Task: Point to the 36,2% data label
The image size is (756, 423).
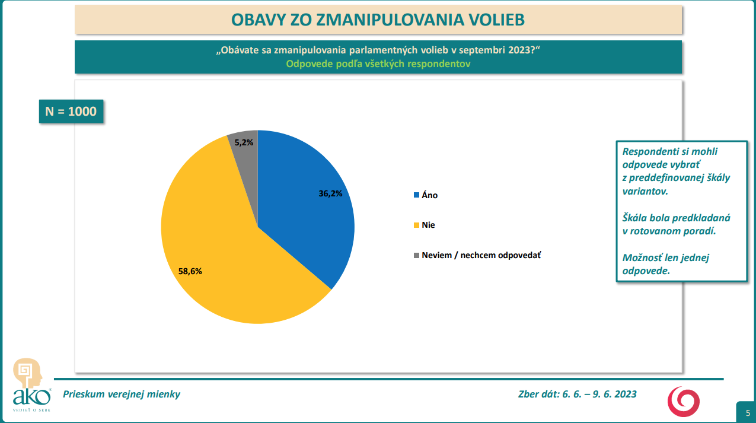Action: click(x=330, y=193)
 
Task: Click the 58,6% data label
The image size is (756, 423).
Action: click(x=190, y=271)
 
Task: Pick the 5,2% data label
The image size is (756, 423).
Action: click(x=244, y=142)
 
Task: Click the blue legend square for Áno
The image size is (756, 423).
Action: click(x=416, y=195)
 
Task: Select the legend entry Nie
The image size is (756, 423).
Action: click(x=428, y=225)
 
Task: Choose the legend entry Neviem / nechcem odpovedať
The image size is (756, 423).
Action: click(x=481, y=255)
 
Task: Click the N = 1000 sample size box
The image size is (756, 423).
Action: click(x=71, y=111)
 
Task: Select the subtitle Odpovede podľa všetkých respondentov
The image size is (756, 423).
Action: click(x=378, y=64)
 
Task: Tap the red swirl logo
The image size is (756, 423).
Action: click(x=684, y=400)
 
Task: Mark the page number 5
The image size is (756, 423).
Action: click(x=747, y=413)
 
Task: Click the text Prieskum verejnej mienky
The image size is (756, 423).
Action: click(x=122, y=394)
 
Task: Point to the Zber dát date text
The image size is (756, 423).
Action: click(x=577, y=394)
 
